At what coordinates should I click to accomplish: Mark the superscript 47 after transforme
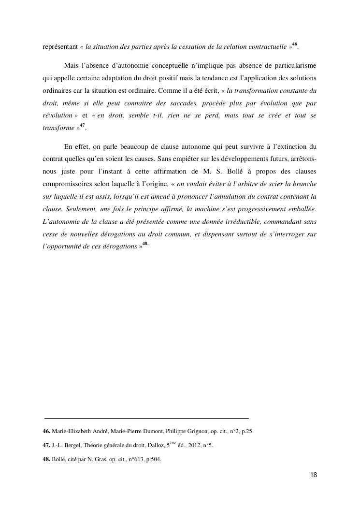pyautogui.click(x=82, y=126)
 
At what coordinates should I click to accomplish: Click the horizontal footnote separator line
pyautogui.click(x=146, y=418)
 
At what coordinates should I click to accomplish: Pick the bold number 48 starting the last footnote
pyautogui.click(x=46, y=460)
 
